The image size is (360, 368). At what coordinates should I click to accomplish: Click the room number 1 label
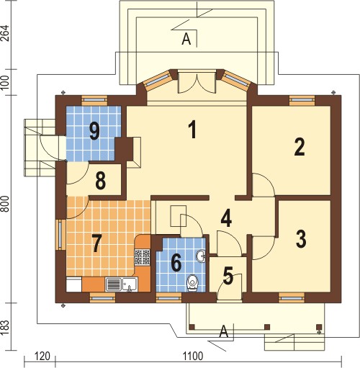pyautogui.click(x=193, y=130)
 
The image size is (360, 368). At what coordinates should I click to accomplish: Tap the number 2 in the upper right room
pyautogui.click(x=300, y=147)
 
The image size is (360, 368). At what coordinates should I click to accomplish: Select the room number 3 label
pyautogui.click(x=301, y=238)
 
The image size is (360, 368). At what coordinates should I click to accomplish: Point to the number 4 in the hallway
pyautogui.click(x=226, y=218)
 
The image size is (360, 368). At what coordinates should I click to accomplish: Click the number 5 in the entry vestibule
pyautogui.click(x=228, y=276)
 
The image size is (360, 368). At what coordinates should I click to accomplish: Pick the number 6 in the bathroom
pyautogui.click(x=176, y=264)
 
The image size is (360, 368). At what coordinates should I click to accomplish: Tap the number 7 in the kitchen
pyautogui.click(x=96, y=243)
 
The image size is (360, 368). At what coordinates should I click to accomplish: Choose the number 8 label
pyautogui.click(x=100, y=181)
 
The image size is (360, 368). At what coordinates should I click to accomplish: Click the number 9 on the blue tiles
pyautogui.click(x=94, y=131)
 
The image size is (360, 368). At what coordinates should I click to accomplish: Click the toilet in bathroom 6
pyautogui.click(x=192, y=283)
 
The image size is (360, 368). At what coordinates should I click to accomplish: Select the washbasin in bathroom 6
pyautogui.click(x=201, y=256)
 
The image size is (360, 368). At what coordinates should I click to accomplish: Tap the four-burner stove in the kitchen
pyautogui.click(x=143, y=257)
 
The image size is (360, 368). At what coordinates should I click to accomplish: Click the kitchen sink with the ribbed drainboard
pyautogui.click(x=122, y=284)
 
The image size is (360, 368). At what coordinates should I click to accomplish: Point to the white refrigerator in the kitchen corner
pyautogui.click(x=74, y=284)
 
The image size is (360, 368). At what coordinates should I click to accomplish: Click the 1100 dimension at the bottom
pyautogui.click(x=193, y=356)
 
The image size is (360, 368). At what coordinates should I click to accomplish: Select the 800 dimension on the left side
pyautogui.click(x=5, y=204)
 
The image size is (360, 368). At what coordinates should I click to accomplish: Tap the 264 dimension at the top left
pyautogui.click(x=5, y=33)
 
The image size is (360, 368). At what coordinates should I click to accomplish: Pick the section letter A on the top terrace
pyautogui.click(x=186, y=39)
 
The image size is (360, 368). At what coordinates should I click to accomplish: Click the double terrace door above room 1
pyautogui.click(x=197, y=83)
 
